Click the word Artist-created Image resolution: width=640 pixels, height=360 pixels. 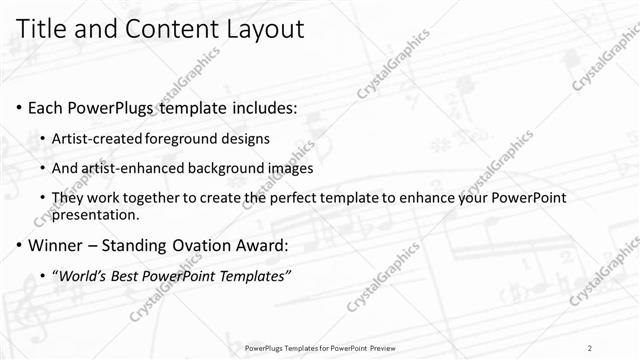98,138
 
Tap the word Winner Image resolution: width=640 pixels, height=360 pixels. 58,245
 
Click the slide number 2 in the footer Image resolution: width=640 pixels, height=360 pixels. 590,347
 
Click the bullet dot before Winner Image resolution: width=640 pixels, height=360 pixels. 20,246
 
